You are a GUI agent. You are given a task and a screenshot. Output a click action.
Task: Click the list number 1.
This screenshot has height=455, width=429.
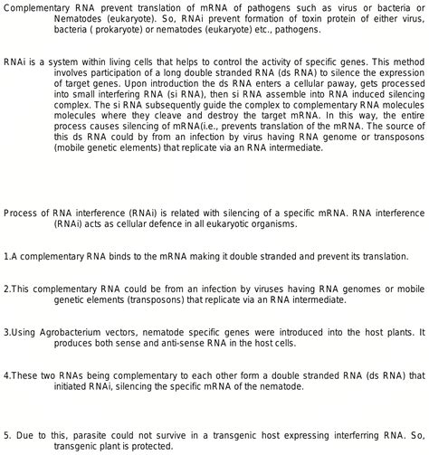[6, 256]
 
